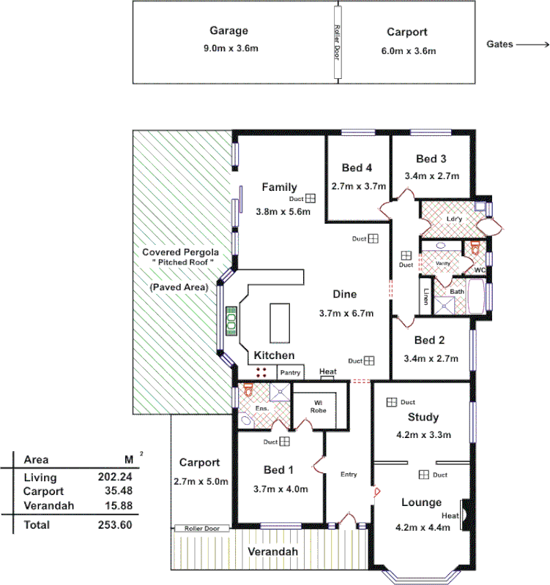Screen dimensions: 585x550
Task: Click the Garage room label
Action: (x=228, y=31)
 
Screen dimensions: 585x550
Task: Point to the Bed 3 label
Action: (x=431, y=159)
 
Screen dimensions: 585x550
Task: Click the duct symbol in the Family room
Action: (x=311, y=198)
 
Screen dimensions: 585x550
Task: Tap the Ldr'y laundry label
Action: (x=453, y=219)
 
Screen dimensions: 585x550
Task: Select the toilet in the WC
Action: (x=475, y=249)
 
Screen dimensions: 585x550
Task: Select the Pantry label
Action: (x=290, y=372)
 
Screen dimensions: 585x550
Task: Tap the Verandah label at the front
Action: (x=272, y=552)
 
